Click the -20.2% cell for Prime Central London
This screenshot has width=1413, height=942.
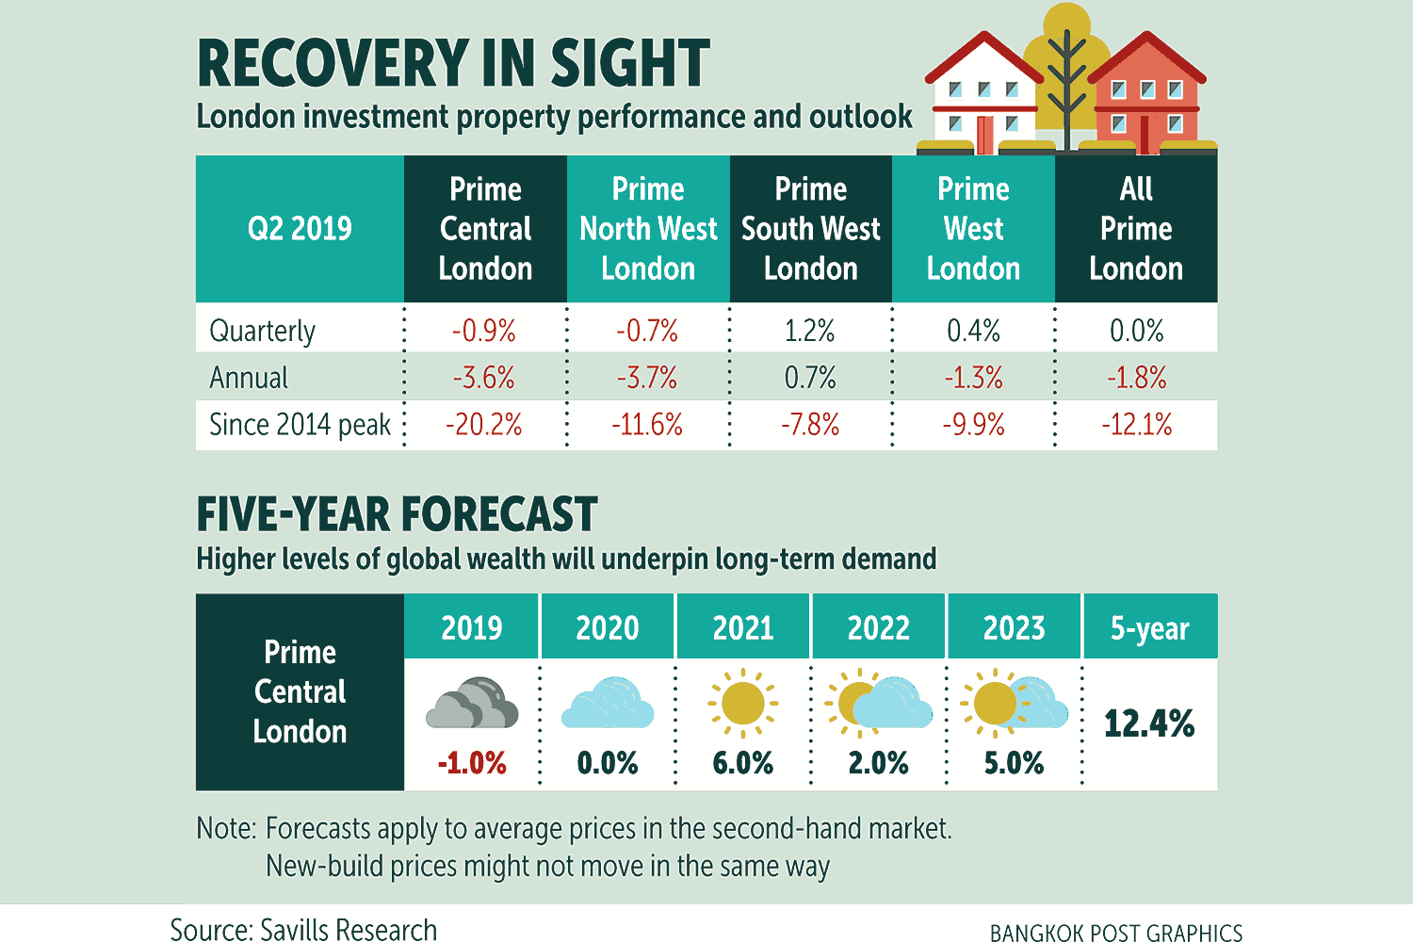[x=484, y=425]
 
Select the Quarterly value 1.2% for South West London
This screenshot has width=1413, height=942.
[x=810, y=331]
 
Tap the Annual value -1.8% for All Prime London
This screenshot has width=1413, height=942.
[x=1136, y=378]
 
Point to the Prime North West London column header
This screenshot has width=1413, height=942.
[x=648, y=229]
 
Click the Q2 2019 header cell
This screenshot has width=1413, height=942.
[x=300, y=229]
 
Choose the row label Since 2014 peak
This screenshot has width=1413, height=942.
[x=300, y=425]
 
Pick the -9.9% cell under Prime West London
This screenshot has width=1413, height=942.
[x=973, y=425]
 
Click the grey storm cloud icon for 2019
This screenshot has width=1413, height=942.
[x=472, y=704]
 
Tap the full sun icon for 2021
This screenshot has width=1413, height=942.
[x=742, y=703]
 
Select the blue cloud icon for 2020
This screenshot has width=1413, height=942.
[x=608, y=704]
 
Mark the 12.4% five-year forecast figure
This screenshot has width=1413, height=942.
[x=1149, y=723]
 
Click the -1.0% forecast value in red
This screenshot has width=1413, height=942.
[x=472, y=762]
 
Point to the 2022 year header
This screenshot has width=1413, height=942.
[x=878, y=627]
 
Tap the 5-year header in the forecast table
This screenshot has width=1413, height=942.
[x=1149, y=627]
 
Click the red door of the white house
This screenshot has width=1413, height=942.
[x=985, y=135]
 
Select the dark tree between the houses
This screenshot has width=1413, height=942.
[x=1066, y=85]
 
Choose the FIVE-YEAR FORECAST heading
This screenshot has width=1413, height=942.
[x=397, y=514]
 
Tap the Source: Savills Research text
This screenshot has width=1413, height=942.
[x=303, y=930]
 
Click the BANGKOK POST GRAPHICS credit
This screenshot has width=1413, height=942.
[x=1116, y=933]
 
